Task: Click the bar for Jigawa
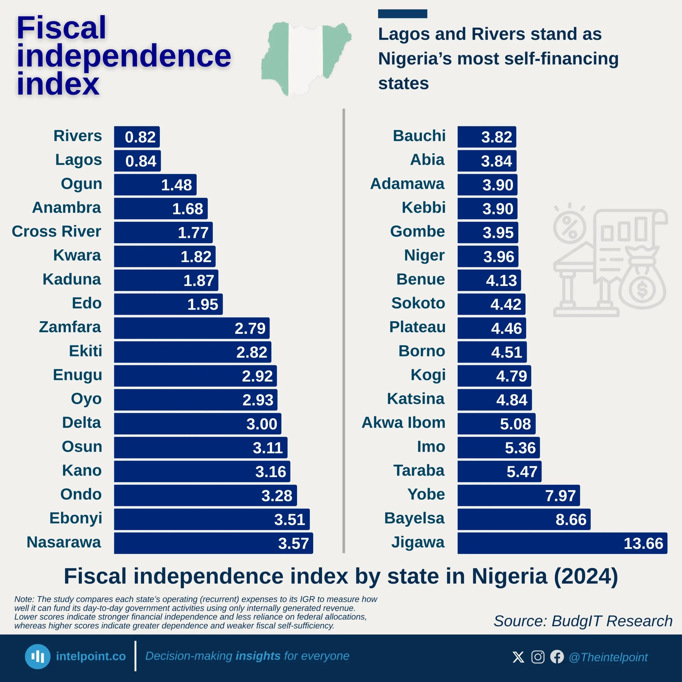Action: click(562, 543)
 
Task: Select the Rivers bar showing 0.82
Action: click(137, 137)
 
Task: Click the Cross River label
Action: click(56, 232)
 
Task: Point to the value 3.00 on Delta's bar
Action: click(262, 424)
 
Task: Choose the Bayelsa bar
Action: click(523, 519)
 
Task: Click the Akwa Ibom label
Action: click(404, 423)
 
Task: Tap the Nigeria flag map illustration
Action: click(306, 58)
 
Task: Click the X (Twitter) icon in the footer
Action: click(518, 657)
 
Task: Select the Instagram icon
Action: click(538, 657)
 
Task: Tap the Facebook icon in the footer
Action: click(557, 657)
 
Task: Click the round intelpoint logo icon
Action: click(37, 657)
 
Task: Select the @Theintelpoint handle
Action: click(608, 657)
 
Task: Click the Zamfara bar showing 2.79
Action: click(192, 328)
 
